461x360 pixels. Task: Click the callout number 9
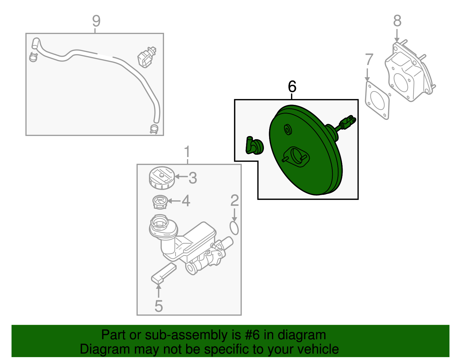[96, 21]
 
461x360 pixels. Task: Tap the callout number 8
[397, 21]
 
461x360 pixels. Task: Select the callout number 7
[369, 59]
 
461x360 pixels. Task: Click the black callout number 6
[292, 86]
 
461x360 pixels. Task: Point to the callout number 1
[187, 152]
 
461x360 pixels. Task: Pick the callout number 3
[193, 178]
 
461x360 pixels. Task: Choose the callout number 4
[186, 201]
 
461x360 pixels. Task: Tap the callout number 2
[235, 200]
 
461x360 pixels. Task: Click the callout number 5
[159, 306]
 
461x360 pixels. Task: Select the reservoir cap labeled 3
[162, 178]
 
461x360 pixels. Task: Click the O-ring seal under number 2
[234, 228]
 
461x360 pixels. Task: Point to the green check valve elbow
[254, 145]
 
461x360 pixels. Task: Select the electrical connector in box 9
[147, 57]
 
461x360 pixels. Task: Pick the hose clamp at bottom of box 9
[154, 129]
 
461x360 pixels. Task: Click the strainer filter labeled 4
[160, 202]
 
